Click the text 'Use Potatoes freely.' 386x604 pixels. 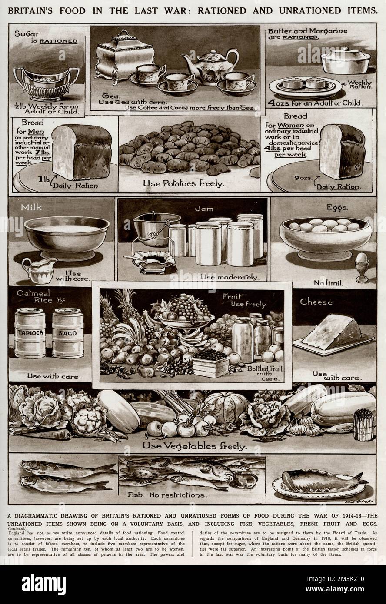pyautogui.click(x=183, y=183)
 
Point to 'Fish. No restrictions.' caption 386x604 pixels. pyautogui.click(x=167, y=495)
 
